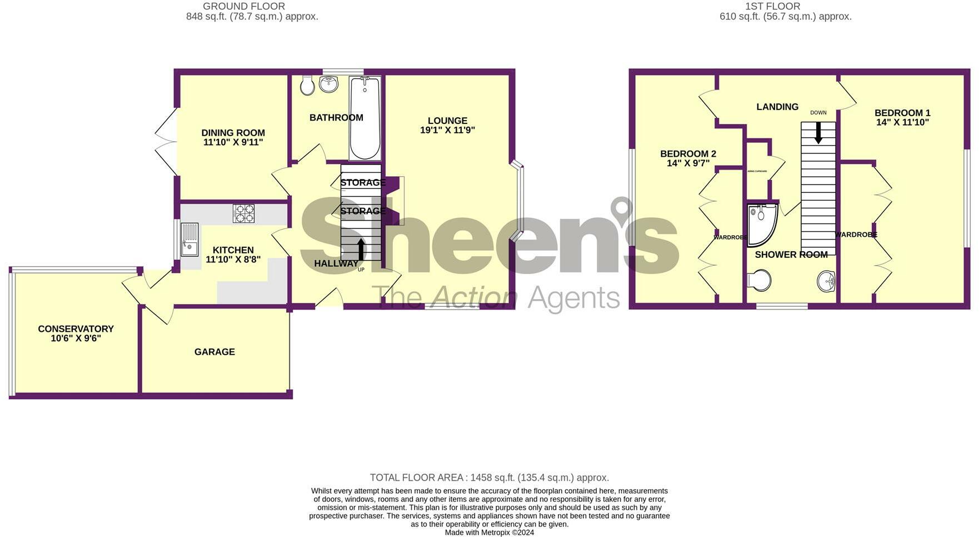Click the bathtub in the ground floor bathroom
click(365, 118)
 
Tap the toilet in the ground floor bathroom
click(307, 85)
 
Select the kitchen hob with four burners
click(243, 213)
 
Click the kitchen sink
click(189, 240)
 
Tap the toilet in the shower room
click(759, 280)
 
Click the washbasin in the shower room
click(827, 281)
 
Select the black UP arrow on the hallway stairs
click(361, 250)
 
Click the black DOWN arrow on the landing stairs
click(818, 132)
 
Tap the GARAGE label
click(214, 352)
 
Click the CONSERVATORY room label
click(76, 329)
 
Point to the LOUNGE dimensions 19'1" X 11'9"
click(447, 131)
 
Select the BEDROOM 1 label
click(902, 113)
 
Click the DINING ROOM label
click(233, 133)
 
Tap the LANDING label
click(777, 107)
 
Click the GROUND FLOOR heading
click(244, 6)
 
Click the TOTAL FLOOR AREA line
click(489, 478)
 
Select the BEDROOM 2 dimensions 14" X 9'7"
click(688, 163)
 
